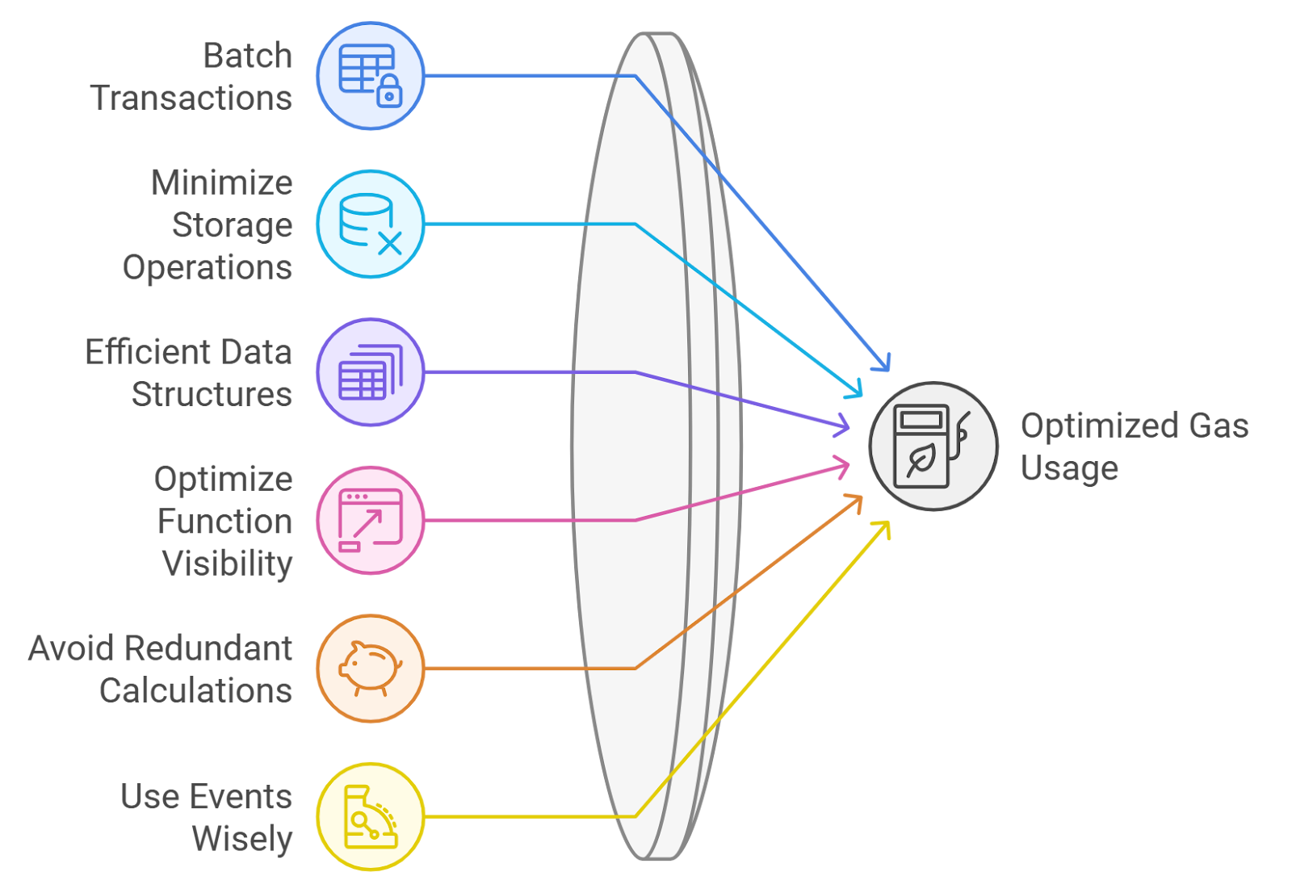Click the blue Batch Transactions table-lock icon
click(370, 76)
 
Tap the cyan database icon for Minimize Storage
click(370, 224)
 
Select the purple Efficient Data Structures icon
click(370, 372)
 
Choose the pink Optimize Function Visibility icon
click(370, 520)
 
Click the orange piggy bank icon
click(370, 669)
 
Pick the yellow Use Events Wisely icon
click(370, 816)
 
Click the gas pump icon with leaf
click(933, 446)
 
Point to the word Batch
click(247, 56)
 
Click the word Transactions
click(191, 98)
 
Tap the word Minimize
click(222, 182)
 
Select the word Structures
click(212, 394)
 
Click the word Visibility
click(227, 564)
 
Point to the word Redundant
click(209, 648)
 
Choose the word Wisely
click(242, 839)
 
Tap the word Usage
click(1069, 468)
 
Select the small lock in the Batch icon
click(389, 92)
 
